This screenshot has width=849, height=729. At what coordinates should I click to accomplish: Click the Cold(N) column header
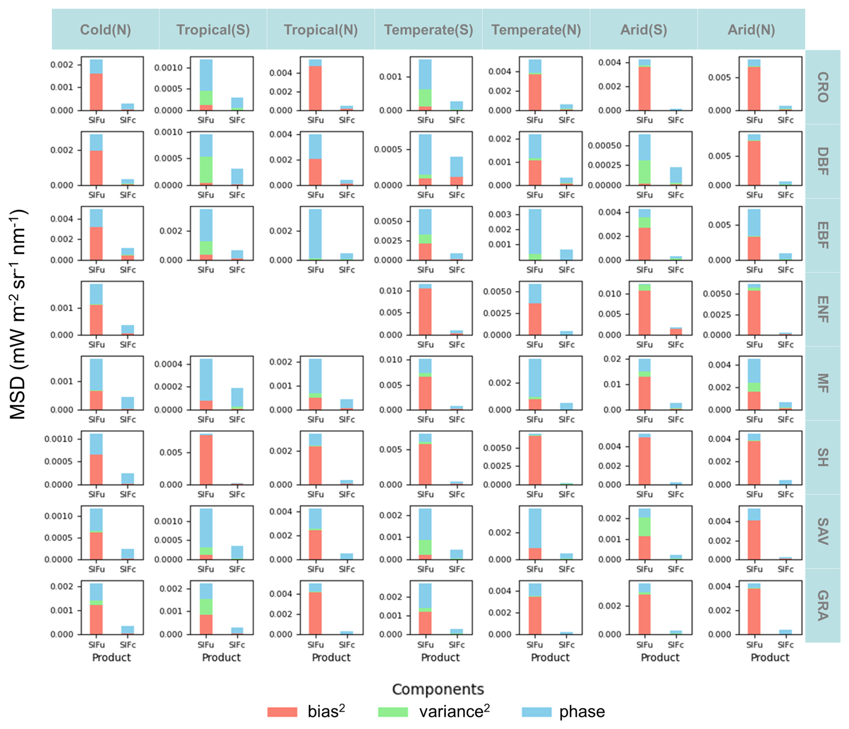105,30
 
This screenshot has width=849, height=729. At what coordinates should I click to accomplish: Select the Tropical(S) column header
213,30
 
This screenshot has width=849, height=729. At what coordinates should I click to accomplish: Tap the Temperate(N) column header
536,30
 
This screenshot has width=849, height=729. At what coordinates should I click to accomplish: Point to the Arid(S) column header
643,30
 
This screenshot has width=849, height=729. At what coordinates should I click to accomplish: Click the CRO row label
823,87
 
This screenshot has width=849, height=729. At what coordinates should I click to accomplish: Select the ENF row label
823,309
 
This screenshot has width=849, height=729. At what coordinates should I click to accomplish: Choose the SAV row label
823,531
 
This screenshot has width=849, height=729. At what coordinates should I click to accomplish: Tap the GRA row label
823,606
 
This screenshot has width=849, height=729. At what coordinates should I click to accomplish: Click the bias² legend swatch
282,712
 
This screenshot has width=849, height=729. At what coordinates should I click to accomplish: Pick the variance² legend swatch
393,712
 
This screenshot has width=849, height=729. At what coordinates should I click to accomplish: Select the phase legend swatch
537,712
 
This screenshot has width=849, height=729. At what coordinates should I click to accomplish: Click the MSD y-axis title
19,314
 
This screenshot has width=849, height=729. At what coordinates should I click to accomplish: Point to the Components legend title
438,689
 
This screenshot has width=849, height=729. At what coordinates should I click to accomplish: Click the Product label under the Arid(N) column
770,658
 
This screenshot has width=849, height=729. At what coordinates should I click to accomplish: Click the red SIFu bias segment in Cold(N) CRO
96,92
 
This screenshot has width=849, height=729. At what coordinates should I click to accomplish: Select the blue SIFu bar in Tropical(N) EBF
315,233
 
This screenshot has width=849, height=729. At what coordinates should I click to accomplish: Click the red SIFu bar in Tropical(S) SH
206,460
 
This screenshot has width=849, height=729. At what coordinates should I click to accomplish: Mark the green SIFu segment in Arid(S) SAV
644,527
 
